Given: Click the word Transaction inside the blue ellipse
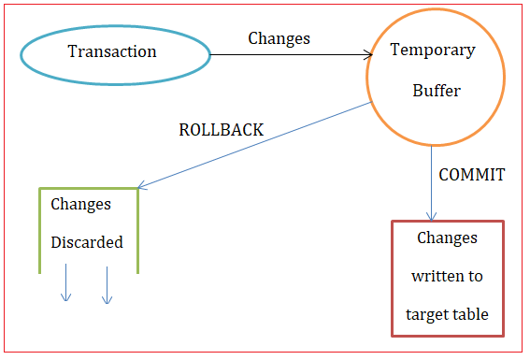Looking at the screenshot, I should pyautogui.click(x=112, y=51).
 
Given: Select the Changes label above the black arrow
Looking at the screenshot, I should pyautogui.click(x=279, y=38).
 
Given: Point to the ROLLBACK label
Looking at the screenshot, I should pyautogui.click(x=221, y=130).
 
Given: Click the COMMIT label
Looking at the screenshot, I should pyautogui.click(x=471, y=174).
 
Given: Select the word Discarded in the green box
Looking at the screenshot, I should pyautogui.click(x=86, y=242).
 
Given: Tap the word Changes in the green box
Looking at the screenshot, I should pyautogui.click(x=80, y=204).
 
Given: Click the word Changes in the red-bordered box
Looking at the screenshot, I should pyautogui.click(x=447, y=238).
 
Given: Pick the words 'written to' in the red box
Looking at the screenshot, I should pyautogui.click(x=447, y=277).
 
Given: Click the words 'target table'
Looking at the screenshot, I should pyautogui.click(x=447, y=315).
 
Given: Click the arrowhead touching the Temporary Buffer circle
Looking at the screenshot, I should pyautogui.click(x=368, y=55).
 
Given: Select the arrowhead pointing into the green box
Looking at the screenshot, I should pyautogui.click(x=142, y=186).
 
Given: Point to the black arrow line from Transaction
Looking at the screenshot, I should pyautogui.click(x=290, y=55).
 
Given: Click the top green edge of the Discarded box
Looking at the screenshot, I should pyautogui.click(x=88, y=189).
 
